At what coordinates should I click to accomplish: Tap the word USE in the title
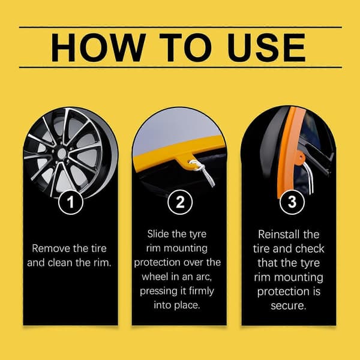pyautogui.click(x=266, y=47)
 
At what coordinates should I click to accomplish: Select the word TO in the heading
pyautogui.click(x=185, y=47)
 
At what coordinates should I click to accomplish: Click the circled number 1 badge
pyautogui.click(x=70, y=202)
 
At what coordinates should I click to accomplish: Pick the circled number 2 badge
pyautogui.click(x=180, y=202)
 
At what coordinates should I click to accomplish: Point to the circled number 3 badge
pyautogui.click(x=292, y=202)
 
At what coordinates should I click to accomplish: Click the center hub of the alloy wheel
pyautogui.click(x=62, y=154)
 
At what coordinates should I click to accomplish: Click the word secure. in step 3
pyautogui.click(x=289, y=306)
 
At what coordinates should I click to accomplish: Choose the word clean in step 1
pyautogui.click(x=60, y=263)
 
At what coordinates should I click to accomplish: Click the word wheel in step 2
pyautogui.click(x=154, y=277)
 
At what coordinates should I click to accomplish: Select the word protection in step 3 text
pyautogui.click(x=283, y=292)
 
